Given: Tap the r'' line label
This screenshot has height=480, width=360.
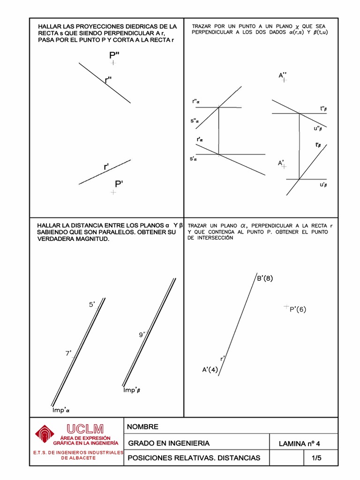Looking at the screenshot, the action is pos(108,80).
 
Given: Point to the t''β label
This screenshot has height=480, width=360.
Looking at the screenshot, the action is pos(323,108).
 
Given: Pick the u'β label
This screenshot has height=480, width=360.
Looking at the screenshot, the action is pos(323,185).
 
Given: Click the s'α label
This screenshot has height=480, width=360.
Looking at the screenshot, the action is pos(193,159).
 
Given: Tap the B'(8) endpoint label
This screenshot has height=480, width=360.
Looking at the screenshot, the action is pos(265,278).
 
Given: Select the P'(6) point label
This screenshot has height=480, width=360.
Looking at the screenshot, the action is pos(298,309).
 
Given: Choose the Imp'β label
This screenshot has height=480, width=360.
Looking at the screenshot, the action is pos(132,390).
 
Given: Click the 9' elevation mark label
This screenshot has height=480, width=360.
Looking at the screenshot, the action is pos(142,335).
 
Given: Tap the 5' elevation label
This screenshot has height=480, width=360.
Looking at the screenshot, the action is pos(92,305).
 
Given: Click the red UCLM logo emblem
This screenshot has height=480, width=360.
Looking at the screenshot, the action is pos(45,434).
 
